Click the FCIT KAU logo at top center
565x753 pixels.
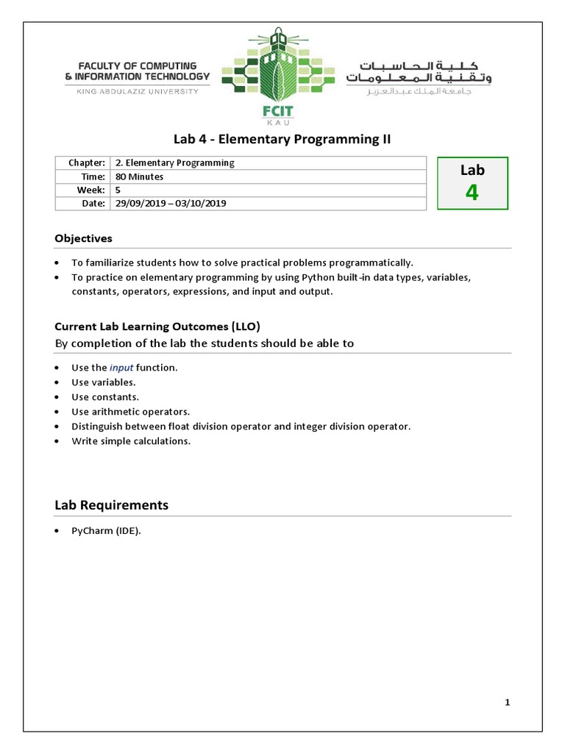pyautogui.click(x=278, y=78)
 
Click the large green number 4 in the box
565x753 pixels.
pyautogui.click(x=472, y=193)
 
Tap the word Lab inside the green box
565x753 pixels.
pyautogui.click(x=472, y=170)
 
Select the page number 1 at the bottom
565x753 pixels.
pyautogui.click(x=508, y=702)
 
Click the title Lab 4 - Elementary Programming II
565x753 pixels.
pyautogui.click(x=282, y=140)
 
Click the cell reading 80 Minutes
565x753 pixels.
pyautogui.click(x=139, y=176)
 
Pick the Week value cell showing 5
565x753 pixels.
pyautogui.click(x=118, y=190)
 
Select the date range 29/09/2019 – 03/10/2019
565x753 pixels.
pyautogui.click(x=170, y=203)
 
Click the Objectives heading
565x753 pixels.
pyautogui.click(x=83, y=238)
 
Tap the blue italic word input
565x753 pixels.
pyautogui.click(x=121, y=368)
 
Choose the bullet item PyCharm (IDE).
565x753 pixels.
pyautogui.click(x=105, y=532)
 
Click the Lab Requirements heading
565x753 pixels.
pyautogui.click(x=111, y=505)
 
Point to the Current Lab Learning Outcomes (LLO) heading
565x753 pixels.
pyautogui.click(x=157, y=326)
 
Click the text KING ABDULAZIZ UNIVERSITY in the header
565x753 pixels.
pyautogui.click(x=138, y=91)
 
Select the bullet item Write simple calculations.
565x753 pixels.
pyautogui.click(x=131, y=441)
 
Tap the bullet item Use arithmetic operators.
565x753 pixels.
pyautogui.click(x=130, y=412)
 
